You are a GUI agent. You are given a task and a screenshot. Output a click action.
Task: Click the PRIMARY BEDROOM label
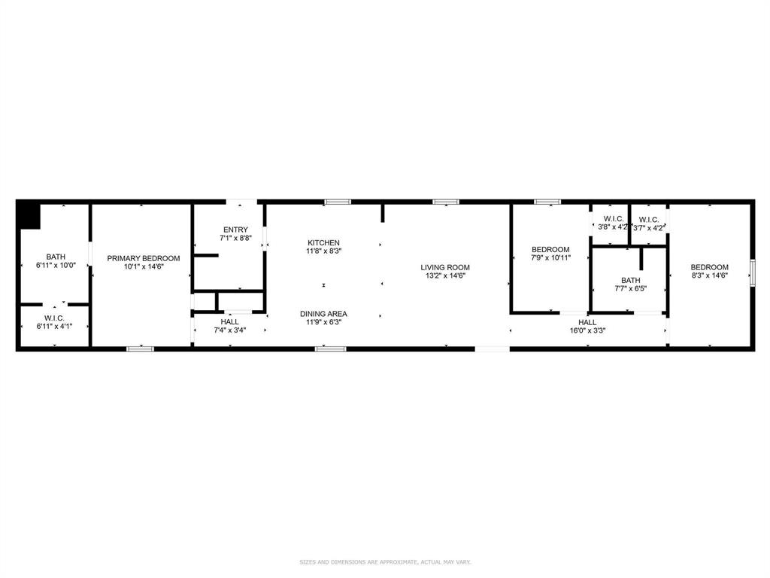click(x=144, y=258)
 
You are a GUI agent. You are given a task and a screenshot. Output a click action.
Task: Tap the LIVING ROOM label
click(x=444, y=267)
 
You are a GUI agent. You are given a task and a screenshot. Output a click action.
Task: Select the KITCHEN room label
click(x=323, y=242)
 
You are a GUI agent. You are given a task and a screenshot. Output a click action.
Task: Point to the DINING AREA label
click(x=323, y=314)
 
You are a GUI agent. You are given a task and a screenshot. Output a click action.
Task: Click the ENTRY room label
click(x=235, y=230)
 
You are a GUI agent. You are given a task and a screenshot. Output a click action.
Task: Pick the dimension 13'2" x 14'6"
click(x=444, y=275)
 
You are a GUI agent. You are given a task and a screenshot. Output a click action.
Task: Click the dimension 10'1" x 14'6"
click(x=144, y=266)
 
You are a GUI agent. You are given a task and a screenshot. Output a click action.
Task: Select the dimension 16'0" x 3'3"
click(x=587, y=330)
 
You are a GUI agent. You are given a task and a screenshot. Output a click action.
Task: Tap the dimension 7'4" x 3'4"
click(x=229, y=330)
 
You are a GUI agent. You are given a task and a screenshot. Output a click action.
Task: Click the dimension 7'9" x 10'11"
click(x=550, y=258)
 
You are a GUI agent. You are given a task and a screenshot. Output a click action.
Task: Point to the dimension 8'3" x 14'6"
click(x=709, y=275)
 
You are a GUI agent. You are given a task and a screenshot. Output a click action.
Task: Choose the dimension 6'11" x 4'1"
click(x=54, y=326)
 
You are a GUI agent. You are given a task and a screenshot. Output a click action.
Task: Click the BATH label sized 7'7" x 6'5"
click(x=631, y=280)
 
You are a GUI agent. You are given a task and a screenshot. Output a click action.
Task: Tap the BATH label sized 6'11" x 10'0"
click(x=56, y=257)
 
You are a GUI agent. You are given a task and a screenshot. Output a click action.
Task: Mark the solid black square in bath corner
click(x=29, y=215)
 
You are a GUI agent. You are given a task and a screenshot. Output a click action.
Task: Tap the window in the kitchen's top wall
click(x=338, y=202)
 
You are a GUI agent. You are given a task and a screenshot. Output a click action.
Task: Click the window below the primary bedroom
click(x=140, y=348)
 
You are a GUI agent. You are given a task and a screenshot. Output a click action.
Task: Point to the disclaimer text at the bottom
click(x=385, y=561)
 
